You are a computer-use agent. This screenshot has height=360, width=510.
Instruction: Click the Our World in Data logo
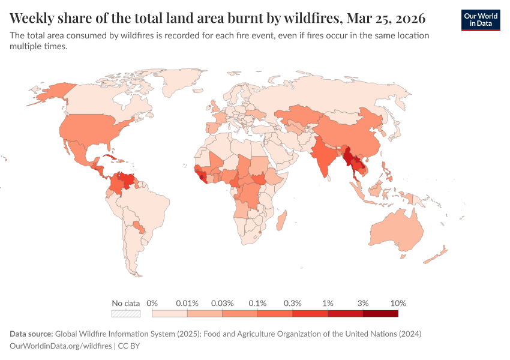pos(481,20)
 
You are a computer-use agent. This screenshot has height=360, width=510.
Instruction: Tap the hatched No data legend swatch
pos(126,313)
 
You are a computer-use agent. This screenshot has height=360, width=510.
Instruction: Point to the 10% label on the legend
pos(398,303)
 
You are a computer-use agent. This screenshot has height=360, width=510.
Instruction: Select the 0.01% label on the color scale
pos(187,303)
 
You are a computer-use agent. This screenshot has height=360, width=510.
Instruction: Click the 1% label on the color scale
pos(328,303)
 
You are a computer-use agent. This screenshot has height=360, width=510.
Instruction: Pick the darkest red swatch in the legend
pos(380,313)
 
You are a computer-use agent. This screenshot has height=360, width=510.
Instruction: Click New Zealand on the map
pos(436,255)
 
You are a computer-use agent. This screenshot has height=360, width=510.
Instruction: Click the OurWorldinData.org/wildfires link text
pos(61,346)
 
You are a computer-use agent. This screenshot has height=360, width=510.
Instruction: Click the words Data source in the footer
pos(31,334)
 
